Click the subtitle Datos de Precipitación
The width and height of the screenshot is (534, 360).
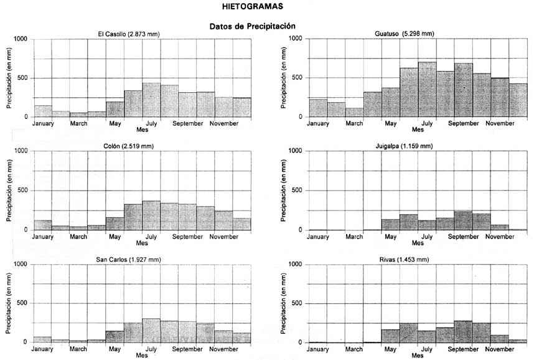click(251, 26)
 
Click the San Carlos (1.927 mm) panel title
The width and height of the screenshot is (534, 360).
click(129, 258)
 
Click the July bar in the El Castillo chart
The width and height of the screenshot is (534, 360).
click(151, 100)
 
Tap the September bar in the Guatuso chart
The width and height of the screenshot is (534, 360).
click(463, 90)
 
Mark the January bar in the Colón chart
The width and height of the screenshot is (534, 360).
click(42, 225)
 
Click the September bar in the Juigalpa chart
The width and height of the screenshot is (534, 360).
click(463, 220)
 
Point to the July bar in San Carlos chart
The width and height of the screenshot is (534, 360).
click(151, 331)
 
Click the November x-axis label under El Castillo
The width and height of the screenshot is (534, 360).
click(224, 123)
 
